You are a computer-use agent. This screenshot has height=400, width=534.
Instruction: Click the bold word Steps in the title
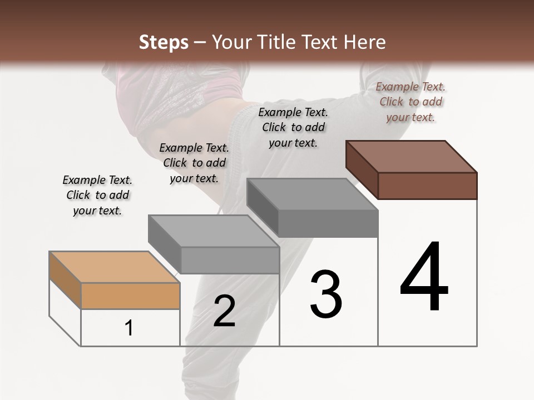coord(163,42)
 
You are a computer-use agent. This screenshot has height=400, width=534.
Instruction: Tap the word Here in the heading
coord(363,42)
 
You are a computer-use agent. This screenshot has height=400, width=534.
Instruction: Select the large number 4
coord(424,278)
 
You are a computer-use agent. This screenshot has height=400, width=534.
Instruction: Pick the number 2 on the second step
coord(224,311)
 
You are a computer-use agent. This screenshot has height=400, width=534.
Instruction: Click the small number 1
coord(129,328)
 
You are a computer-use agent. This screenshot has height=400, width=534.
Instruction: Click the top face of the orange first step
coord(114,267)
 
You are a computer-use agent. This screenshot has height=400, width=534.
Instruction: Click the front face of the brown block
coord(427,186)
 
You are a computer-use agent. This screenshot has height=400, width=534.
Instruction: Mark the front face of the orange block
coord(130,296)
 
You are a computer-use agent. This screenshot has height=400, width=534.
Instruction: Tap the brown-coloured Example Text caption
coord(411,102)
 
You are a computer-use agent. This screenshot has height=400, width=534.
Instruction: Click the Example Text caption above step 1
coord(97,195)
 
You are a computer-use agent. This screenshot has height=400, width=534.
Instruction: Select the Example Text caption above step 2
coord(194,163)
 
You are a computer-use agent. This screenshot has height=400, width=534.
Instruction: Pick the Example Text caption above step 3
coord(293,127)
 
